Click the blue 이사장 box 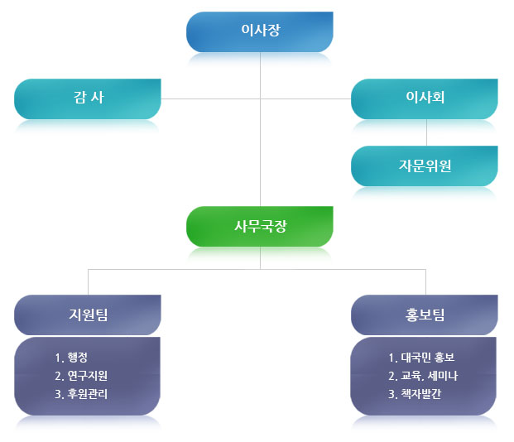tap(260, 31)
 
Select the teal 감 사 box tap(87, 98)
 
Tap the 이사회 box tap(425, 98)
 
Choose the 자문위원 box tap(425, 166)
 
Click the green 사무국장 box tap(260, 226)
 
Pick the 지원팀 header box tap(88, 315)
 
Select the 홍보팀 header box tap(425, 315)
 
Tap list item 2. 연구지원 tap(80, 377)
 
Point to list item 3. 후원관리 tap(80, 394)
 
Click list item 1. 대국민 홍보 tap(421, 358)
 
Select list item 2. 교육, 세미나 tap(423, 377)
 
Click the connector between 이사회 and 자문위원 tap(425, 132)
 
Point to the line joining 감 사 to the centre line tap(210, 98)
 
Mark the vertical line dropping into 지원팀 tap(88, 281)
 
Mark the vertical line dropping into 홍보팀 tap(425, 281)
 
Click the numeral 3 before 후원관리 tap(57, 394)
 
